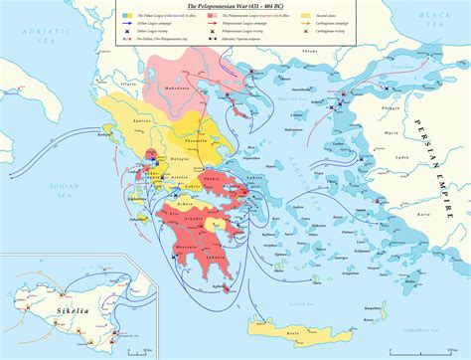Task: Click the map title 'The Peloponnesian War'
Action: click(x=235, y=6)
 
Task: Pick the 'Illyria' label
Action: click(x=129, y=87)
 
